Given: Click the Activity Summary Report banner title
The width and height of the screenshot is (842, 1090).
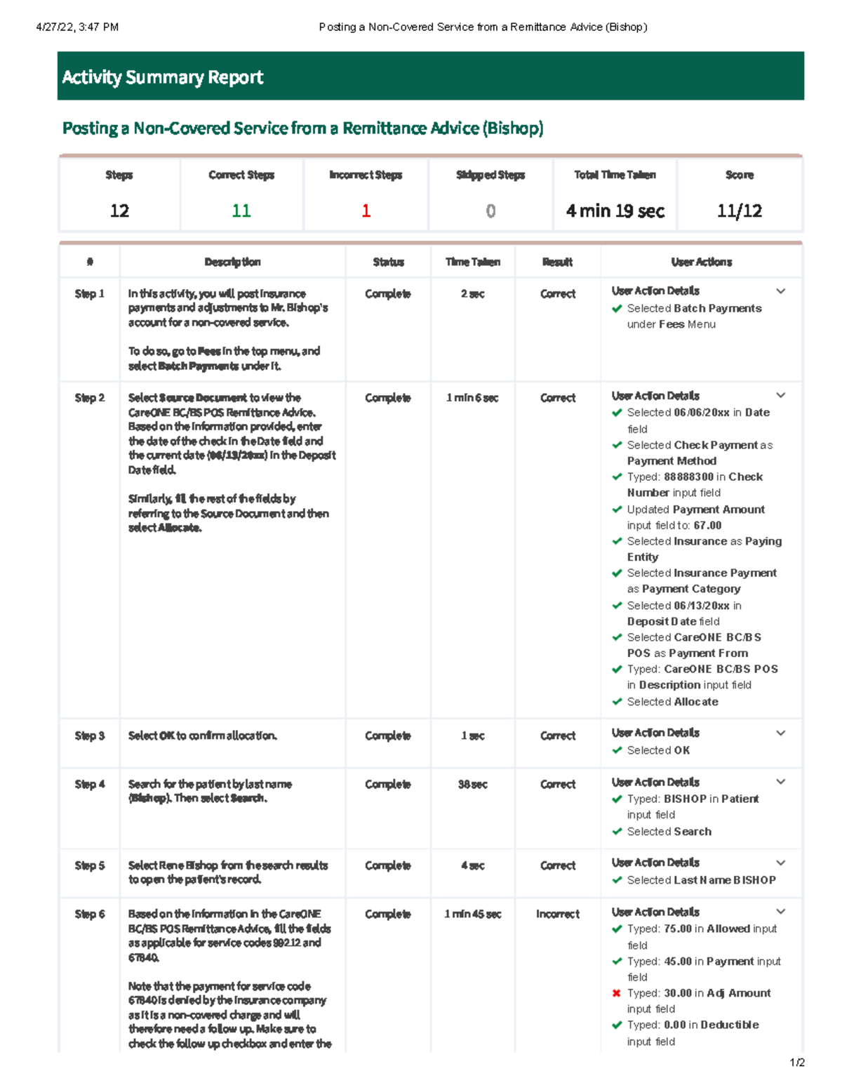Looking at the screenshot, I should coord(163,77).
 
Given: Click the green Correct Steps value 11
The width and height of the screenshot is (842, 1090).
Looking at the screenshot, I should coord(241,211).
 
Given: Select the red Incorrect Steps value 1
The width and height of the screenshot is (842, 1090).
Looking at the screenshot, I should coord(366,211).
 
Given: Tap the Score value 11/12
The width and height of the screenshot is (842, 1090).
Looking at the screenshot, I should coord(739,211).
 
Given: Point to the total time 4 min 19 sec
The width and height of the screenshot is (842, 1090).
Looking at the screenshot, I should coord(615,211).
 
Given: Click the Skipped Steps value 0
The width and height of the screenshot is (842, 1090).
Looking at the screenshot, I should coord(490,211).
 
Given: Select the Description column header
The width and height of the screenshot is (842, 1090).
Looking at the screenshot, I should coord(232,262).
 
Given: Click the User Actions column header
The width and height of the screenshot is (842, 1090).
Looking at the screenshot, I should coord(701,262).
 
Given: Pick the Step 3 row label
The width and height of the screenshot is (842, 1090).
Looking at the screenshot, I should coord(90,736).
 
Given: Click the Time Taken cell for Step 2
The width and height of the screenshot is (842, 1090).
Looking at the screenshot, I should coord(472,398).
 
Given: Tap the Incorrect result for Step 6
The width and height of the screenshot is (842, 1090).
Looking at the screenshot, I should coord(557,914).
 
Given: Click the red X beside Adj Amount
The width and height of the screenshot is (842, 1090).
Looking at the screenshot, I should coord(617,993).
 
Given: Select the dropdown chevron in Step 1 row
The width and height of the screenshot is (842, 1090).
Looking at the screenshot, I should coord(780,291).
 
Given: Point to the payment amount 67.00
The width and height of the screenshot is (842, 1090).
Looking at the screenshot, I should coord(707,525).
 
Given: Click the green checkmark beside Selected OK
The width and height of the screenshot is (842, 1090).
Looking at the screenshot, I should coord(617,750).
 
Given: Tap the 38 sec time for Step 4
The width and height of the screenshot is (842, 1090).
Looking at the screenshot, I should coord(472,784).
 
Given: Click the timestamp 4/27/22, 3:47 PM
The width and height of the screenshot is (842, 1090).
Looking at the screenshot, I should coord(77,27).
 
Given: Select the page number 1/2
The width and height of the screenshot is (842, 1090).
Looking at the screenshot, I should coord(796,1063).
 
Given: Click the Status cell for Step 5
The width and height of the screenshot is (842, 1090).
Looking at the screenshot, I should coord(387,865).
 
